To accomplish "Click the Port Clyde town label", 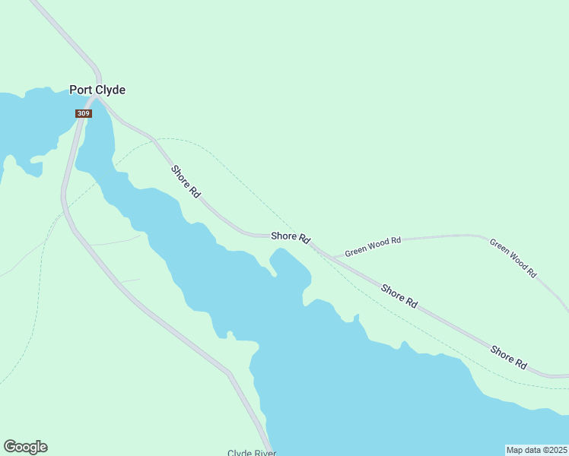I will [x=97, y=90].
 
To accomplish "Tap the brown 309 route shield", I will [x=83, y=113].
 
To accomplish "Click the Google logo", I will [x=25, y=447].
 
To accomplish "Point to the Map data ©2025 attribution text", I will [x=536, y=449].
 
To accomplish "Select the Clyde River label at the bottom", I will [x=252, y=453].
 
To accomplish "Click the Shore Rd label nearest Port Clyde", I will [x=186, y=182].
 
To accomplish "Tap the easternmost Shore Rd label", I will [x=509, y=357].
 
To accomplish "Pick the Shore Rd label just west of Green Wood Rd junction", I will [x=291, y=237].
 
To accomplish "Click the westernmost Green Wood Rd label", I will [x=373, y=246].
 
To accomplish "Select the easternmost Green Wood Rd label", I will [x=513, y=258].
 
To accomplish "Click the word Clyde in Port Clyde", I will [x=110, y=90].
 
